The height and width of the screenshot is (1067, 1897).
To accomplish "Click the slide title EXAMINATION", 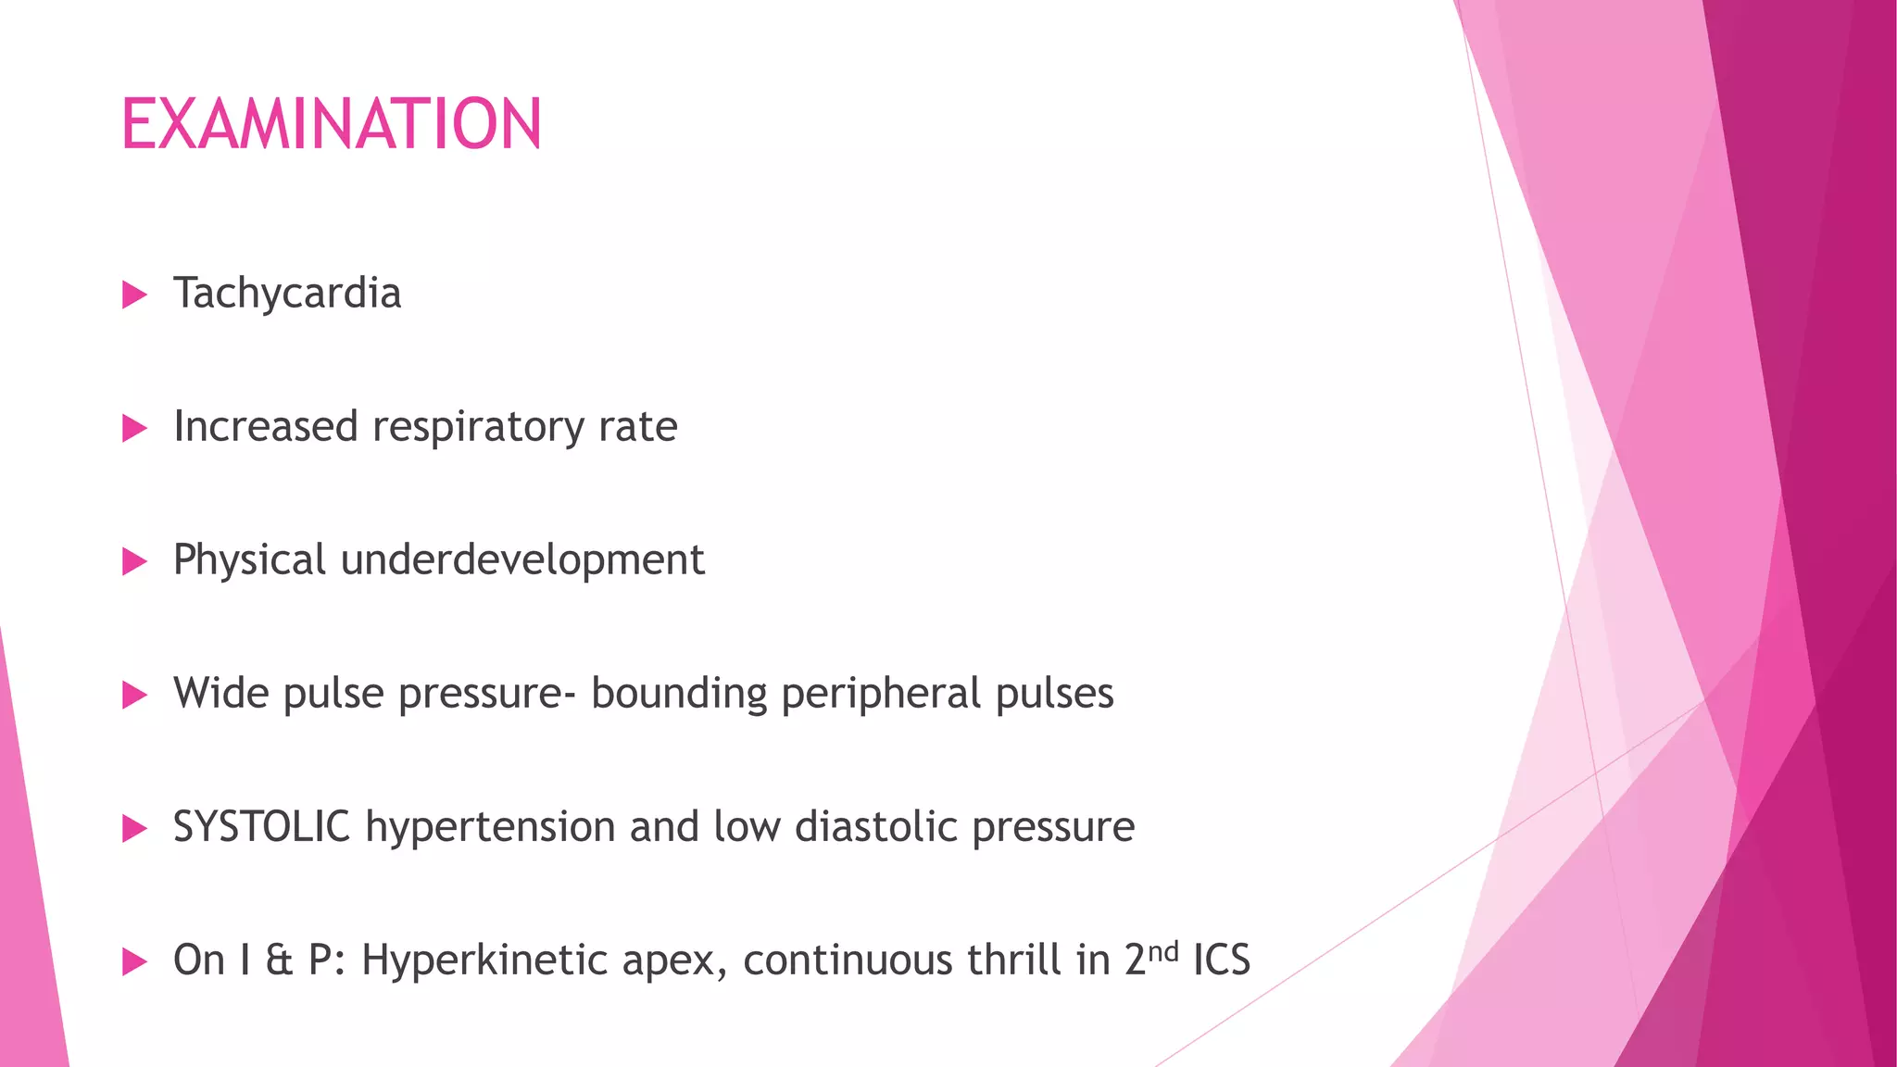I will pyautogui.click(x=331, y=124).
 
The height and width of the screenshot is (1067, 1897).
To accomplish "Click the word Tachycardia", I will pyautogui.click(x=287, y=294).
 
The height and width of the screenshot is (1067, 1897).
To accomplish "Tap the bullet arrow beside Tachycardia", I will pyautogui.click(x=135, y=295).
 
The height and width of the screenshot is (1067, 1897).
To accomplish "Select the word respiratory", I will pyautogui.click(x=478, y=428).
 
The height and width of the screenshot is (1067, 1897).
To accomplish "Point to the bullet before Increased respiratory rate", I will pyautogui.click(x=135, y=429).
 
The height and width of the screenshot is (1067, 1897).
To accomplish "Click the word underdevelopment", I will pyautogui.click(x=522, y=560).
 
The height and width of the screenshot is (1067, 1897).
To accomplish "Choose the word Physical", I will pyautogui.click(x=249, y=560).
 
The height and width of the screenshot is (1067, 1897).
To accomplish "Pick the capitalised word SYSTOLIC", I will pyautogui.click(x=261, y=826).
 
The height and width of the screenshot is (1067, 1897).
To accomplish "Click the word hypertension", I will pyautogui.click(x=491, y=827).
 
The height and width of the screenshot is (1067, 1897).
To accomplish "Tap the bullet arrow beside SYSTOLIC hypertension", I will pyautogui.click(x=135, y=829).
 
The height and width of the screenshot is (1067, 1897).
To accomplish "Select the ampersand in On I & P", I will pyautogui.click(x=279, y=960).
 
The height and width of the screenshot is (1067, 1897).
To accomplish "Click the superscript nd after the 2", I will pyautogui.click(x=1163, y=950).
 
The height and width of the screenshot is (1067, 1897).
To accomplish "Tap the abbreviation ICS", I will pyautogui.click(x=1222, y=960).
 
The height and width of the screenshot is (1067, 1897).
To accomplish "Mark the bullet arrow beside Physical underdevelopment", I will pyautogui.click(x=135, y=562).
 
